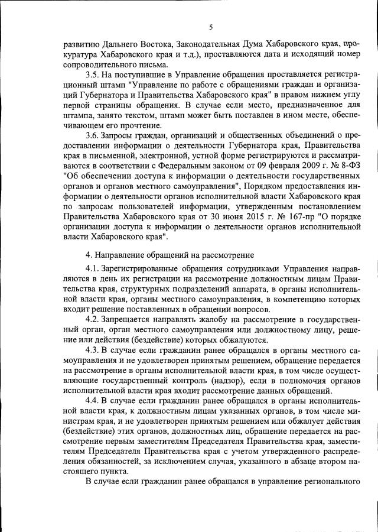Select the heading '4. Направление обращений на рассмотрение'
[x=170, y=256]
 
